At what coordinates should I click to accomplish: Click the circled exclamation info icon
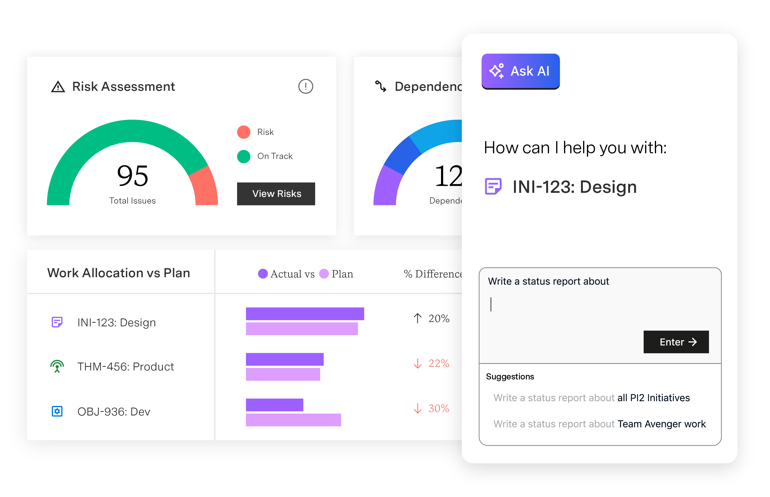point(305,87)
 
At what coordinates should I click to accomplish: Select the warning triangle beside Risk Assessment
point(58,87)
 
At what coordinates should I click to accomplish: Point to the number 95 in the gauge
point(133,176)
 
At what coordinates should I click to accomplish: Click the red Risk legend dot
point(244,132)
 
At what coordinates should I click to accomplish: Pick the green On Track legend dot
point(244,157)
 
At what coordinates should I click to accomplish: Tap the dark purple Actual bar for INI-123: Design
point(305,314)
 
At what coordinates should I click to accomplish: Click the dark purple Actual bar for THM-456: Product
point(284,359)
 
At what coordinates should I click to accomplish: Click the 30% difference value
point(439,409)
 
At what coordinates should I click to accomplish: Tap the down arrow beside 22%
point(418,364)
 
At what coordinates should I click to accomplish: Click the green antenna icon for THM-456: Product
point(57,367)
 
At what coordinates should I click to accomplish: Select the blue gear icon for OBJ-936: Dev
point(57,411)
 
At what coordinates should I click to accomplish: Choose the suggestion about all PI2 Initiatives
point(591,398)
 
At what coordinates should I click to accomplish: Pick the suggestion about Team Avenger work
point(599,424)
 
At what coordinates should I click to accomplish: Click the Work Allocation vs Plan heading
point(118,273)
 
